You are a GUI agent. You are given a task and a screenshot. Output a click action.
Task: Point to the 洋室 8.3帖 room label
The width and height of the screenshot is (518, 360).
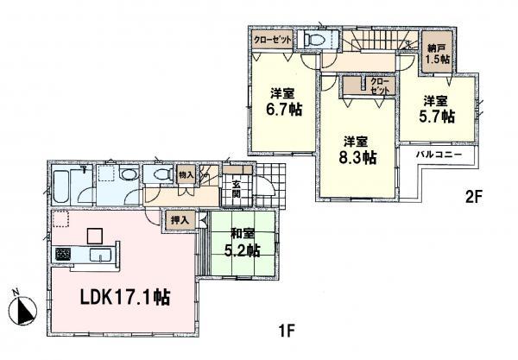coord(357,149)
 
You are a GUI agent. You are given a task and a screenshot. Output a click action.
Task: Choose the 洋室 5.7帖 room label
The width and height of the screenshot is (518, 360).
coord(436,110)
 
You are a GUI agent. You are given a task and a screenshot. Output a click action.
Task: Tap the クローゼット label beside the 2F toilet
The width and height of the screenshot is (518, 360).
coord(272,40)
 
